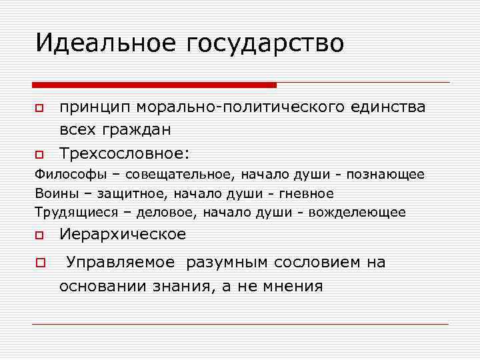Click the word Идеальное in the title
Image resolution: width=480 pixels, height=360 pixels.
[x=106, y=43]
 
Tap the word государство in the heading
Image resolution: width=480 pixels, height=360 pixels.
[x=266, y=44]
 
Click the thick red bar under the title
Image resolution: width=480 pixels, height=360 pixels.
[x=154, y=85]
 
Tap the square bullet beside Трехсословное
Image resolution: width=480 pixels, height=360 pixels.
[x=39, y=155]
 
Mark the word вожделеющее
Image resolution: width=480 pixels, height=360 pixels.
[x=361, y=213]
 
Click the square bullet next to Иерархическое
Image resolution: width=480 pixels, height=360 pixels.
[x=39, y=235]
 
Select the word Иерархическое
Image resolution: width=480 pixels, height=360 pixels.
[x=123, y=235]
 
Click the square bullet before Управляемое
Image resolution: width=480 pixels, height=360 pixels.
[x=39, y=263]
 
